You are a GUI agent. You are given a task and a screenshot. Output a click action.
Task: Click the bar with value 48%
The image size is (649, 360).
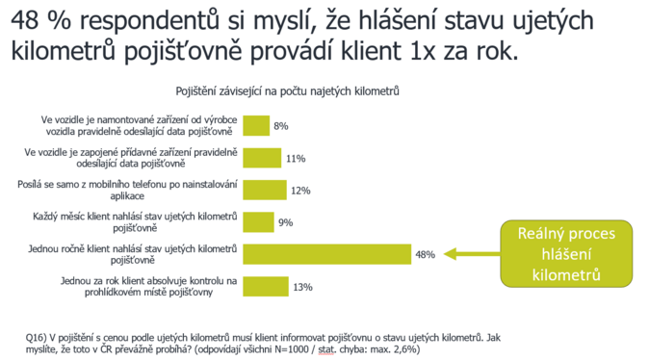pyautogui.click(x=327, y=255)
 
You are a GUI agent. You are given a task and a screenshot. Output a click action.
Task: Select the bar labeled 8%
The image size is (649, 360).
pyautogui.click(x=256, y=126)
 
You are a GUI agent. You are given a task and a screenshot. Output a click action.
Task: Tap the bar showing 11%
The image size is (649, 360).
pyautogui.click(x=261, y=158)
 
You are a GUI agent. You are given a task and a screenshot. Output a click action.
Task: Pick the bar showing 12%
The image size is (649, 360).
pyautogui.click(x=263, y=191)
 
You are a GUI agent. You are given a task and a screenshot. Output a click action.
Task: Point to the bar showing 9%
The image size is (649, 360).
pyautogui.click(x=258, y=222)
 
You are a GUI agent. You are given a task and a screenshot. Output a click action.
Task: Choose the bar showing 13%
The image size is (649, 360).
pyautogui.click(x=265, y=287)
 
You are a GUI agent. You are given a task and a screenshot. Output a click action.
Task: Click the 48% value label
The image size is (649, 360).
pyautogui.click(x=425, y=255)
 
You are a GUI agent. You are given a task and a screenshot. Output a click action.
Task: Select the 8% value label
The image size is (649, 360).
pyautogui.click(x=281, y=126)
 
